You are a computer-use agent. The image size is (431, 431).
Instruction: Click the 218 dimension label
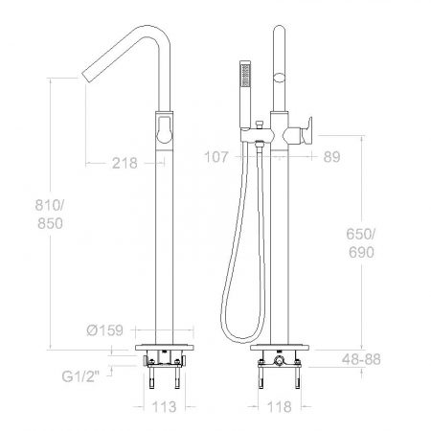point(125,163)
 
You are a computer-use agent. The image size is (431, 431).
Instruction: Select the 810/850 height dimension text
point(50,215)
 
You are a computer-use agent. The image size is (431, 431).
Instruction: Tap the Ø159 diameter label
point(105,330)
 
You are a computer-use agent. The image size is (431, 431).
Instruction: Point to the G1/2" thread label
point(80,376)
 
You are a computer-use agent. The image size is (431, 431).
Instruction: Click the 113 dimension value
point(164,407)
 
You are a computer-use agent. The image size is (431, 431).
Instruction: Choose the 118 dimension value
point(279,407)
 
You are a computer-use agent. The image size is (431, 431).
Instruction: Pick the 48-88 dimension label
point(361,359)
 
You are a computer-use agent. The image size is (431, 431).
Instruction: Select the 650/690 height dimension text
point(361,243)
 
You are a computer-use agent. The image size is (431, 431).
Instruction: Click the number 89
point(332,157)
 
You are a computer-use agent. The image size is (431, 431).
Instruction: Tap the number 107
point(216,157)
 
